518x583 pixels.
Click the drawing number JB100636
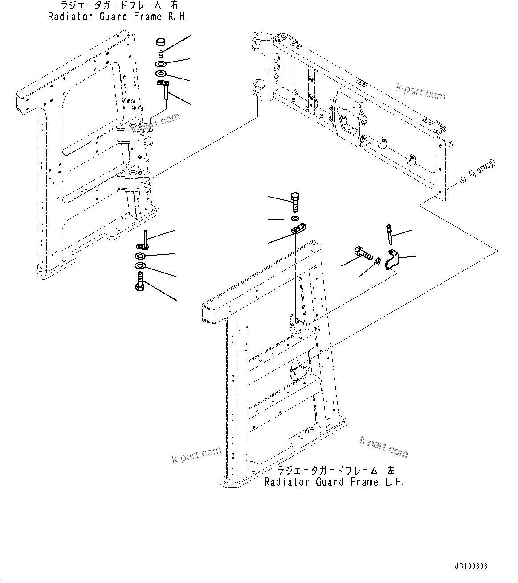tap(471, 566)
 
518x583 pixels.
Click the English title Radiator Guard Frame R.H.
tap(117, 17)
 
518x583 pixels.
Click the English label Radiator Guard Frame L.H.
tap(334, 482)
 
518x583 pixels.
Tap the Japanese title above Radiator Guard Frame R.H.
tap(117, 6)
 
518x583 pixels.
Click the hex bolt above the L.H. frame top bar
tap(295, 201)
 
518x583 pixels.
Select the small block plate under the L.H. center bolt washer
tap(298, 230)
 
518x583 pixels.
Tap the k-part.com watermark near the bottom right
tap(383, 447)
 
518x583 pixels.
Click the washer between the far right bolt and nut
tap(473, 174)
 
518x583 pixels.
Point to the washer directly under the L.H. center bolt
tap(295, 219)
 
